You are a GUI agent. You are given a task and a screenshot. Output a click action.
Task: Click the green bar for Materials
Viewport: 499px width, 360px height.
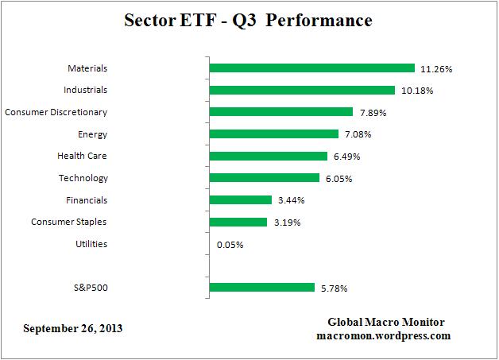(311, 68)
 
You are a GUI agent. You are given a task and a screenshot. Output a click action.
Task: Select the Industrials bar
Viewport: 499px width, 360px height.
(301, 91)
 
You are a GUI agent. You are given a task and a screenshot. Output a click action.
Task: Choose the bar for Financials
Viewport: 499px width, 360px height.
(240, 200)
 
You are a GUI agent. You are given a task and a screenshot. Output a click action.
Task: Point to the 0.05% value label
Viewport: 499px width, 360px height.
(230, 245)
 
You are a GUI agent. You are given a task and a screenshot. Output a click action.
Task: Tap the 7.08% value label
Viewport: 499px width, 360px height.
(357, 135)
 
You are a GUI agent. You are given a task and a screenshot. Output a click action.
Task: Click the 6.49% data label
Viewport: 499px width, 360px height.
(345, 157)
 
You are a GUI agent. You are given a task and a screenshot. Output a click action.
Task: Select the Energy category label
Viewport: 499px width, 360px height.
(93, 134)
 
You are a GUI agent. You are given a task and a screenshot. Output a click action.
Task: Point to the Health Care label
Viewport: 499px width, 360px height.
(82, 156)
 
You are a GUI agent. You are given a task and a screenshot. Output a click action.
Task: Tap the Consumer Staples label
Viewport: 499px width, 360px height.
(68, 222)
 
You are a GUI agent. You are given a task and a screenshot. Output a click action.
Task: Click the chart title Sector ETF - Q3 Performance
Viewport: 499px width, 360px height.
(248, 21)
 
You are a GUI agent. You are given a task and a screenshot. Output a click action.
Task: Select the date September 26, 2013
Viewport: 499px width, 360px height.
(73, 328)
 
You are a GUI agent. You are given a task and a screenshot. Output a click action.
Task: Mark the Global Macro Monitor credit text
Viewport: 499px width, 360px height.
(386, 322)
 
